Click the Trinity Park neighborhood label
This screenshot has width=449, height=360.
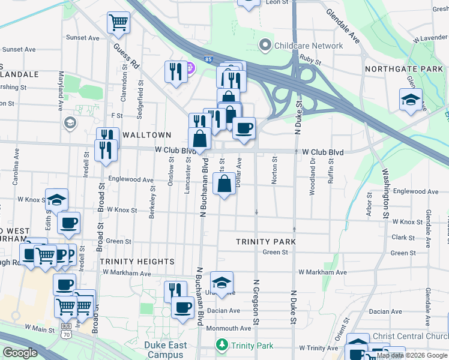coord(265,242)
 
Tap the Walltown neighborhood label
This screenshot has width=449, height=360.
coord(147,136)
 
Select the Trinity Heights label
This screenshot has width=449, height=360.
coord(137,262)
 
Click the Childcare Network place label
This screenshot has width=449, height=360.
coord(309,46)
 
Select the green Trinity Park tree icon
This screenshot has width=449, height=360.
coord(222,345)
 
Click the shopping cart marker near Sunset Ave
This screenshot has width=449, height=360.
coord(118,22)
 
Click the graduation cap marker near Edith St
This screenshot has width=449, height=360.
coord(56,199)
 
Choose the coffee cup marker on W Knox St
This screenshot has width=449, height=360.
coord(68,223)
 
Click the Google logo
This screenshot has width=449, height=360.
coord(20,353)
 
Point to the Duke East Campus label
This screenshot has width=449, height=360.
coord(165,350)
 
